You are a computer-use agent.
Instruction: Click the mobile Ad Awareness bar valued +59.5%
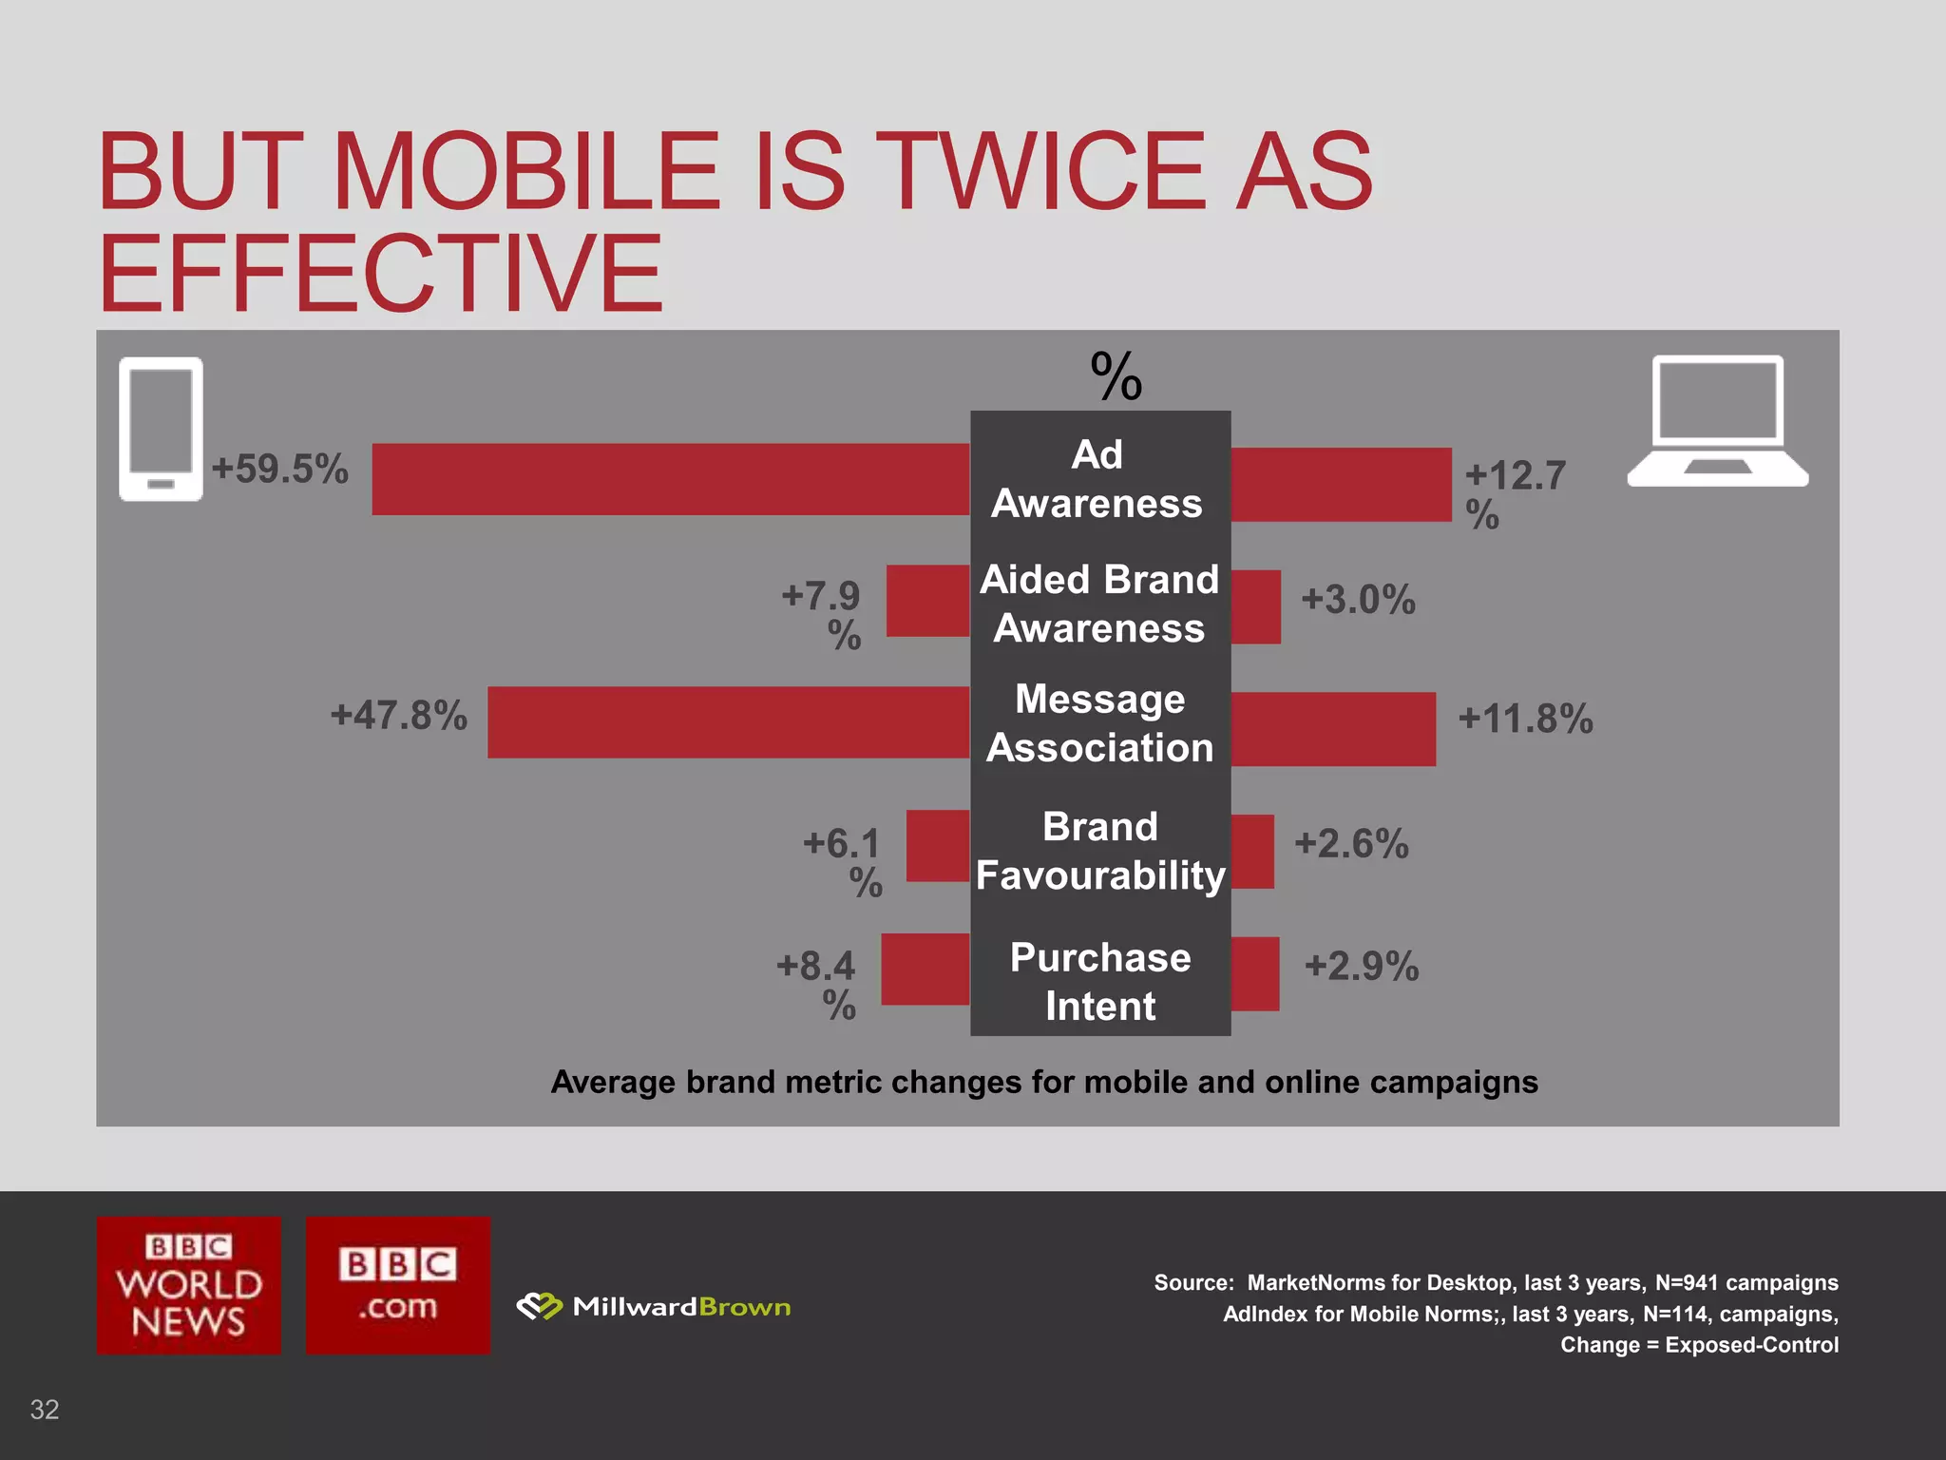tap(670, 479)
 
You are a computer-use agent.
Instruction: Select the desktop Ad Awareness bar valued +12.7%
tap(1341, 485)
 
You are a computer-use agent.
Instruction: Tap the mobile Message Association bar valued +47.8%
tap(728, 722)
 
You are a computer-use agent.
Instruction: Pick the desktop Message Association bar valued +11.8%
tap(1333, 729)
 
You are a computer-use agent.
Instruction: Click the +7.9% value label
tap(823, 614)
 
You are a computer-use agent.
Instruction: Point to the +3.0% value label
tap(1358, 600)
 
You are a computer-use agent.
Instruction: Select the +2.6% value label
tap(1351, 843)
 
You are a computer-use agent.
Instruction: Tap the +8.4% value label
tap(817, 984)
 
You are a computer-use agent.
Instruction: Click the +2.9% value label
tap(1362, 966)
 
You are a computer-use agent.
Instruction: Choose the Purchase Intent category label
tap(1100, 981)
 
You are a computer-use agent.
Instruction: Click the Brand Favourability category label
tap(1100, 851)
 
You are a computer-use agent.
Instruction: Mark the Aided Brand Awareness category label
tap(1099, 604)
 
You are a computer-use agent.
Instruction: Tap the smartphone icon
tap(161, 428)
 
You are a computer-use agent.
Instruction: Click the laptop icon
tap(1717, 421)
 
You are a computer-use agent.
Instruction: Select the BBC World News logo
tap(188, 1284)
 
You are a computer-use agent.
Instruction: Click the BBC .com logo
tap(397, 1284)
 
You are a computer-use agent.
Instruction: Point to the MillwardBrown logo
tap(654, 1307)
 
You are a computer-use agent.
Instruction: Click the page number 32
tap(45, 1409)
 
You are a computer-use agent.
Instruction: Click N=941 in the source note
tap(1686, 1282)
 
